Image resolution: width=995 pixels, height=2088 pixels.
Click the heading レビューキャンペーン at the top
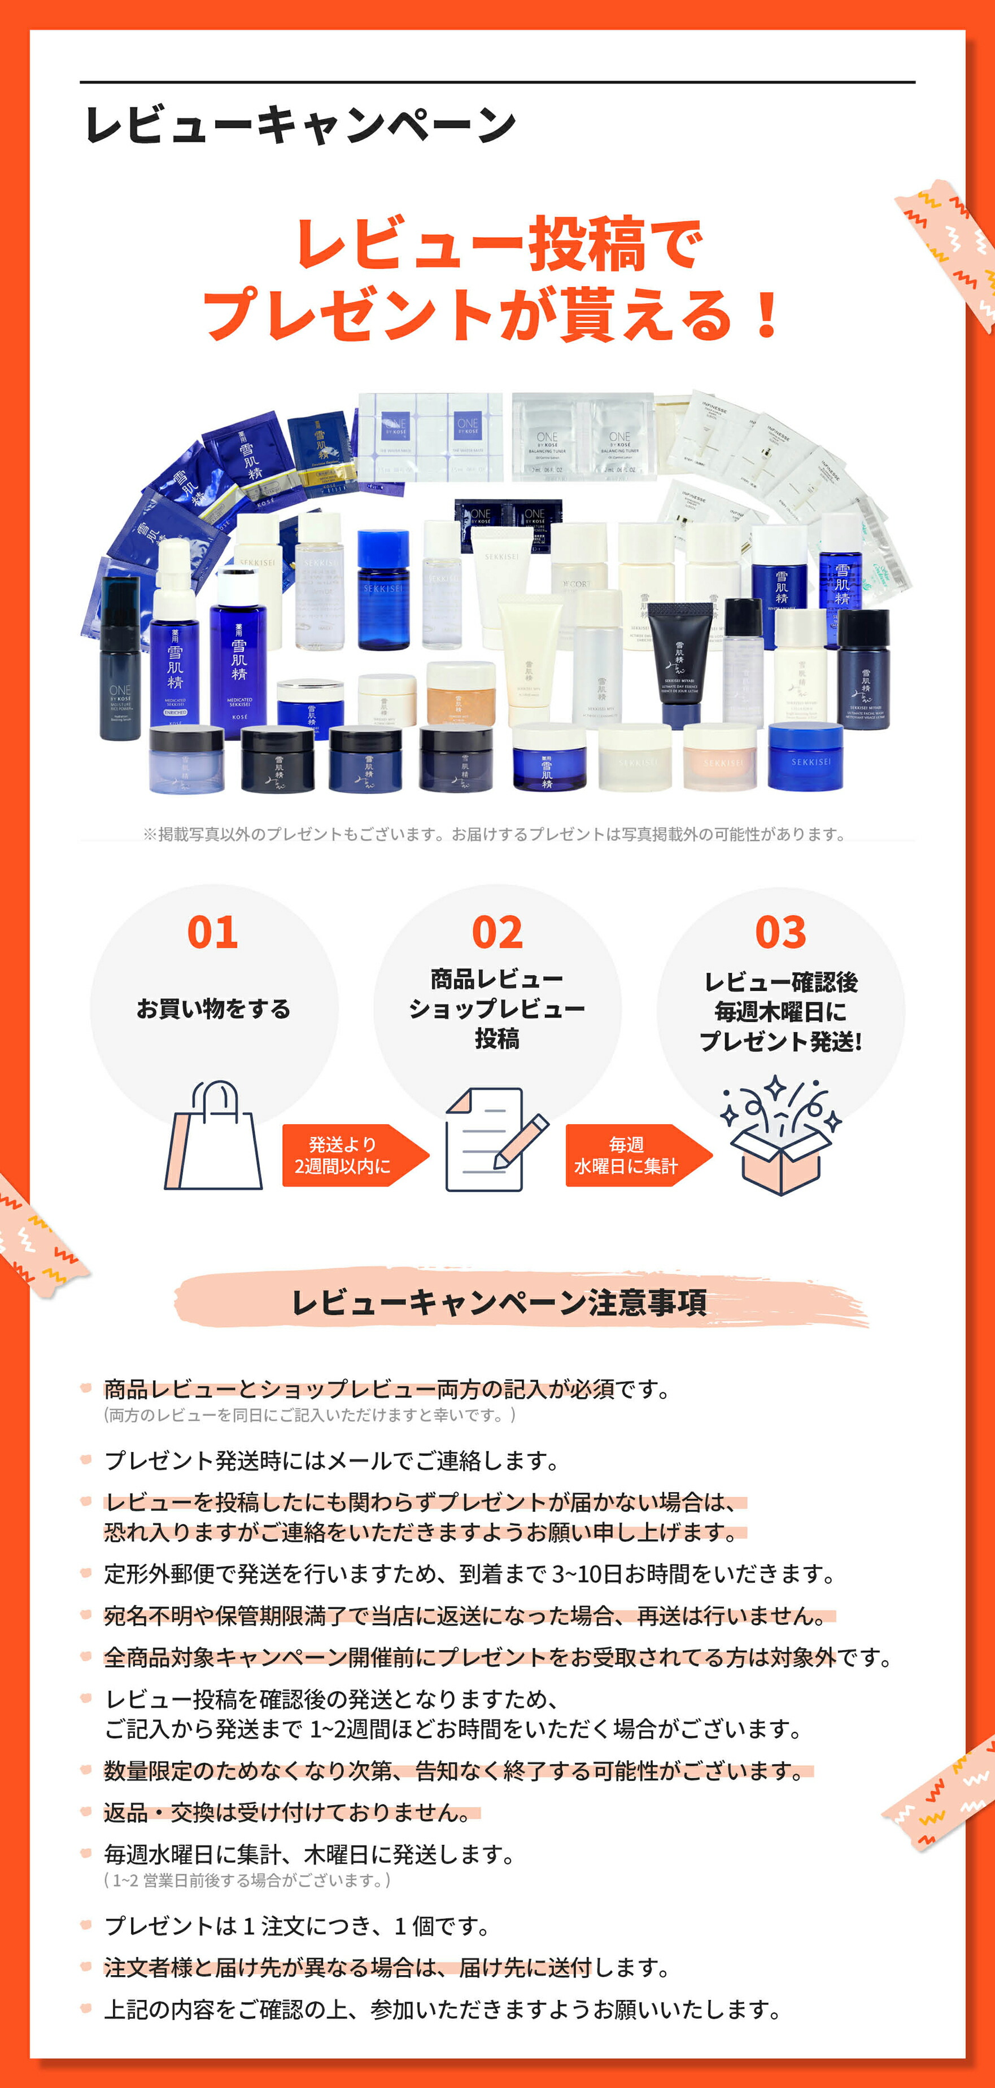(x=300, y=126)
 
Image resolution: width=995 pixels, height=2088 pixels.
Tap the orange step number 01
(x=212, y=932)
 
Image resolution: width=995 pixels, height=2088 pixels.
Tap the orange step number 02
(x=497, y=932)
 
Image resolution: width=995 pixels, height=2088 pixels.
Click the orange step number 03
(x=780, y=932)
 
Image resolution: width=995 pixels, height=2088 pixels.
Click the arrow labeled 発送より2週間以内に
(x=348, y=1155)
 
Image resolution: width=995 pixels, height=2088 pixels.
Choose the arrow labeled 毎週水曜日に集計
(x=632, y=1155)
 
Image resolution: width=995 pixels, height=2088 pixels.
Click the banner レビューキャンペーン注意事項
(x=499, y=1302)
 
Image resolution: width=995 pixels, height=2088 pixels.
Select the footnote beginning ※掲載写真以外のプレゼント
(x=495, y=834)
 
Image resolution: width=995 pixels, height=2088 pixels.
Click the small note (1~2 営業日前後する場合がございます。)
(x=247, y=1880)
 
